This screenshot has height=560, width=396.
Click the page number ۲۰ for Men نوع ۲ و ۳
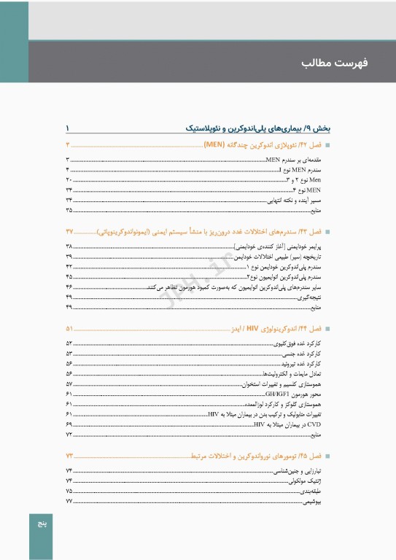pos(69,179)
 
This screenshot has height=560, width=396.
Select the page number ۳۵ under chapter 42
pos(69,210)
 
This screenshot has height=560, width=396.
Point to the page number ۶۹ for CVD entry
pos(69,424)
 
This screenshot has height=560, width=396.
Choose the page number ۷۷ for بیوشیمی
pos(69,502)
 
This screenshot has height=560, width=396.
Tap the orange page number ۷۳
pos(69,456)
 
